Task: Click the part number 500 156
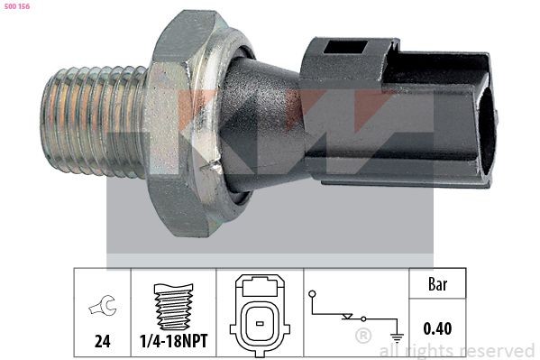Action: pyautogui.click(x=17, y=8)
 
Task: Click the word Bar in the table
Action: pyautogui.click(x=437, y=285)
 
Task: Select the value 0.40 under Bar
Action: pyautogui.click(x=437, y=331)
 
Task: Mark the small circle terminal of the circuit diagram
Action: pyautogui.click(x=311, y=293)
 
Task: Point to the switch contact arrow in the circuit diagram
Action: pyautogui.click(x=348, y=318)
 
